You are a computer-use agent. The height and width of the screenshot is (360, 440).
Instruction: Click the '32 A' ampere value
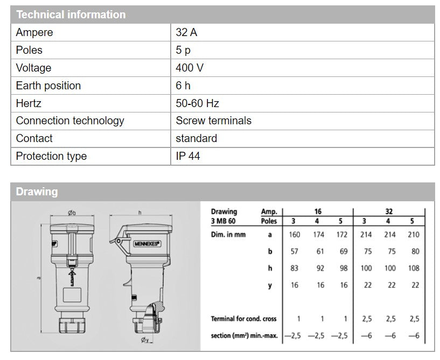click(186, 32)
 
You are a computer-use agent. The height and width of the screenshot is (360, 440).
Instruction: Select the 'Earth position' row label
click(48, 86)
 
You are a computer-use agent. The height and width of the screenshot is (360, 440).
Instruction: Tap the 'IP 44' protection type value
click(188, 156)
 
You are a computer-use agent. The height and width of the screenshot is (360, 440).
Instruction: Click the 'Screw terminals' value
click(214, 121)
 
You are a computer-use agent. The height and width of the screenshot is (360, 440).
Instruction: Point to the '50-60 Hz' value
click(197, 103)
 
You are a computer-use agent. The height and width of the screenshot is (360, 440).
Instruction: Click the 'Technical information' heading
click(71, 15)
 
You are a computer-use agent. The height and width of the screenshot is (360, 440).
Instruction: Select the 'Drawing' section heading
click(37, 192)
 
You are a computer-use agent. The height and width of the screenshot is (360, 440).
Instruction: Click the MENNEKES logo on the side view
click(146, 244)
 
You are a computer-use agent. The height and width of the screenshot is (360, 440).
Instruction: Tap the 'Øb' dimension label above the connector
click(72, 213)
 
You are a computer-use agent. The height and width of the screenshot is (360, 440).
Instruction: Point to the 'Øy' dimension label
click(145, 340)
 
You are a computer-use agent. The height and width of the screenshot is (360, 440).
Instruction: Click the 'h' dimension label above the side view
click(139, 213)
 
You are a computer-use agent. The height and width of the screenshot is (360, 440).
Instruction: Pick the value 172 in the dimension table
click(342, 235)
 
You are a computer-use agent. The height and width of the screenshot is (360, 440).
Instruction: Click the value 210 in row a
click(414, 235)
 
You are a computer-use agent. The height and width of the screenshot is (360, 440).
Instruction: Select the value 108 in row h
click(414, 269)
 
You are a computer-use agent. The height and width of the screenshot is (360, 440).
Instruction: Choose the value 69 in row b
click(344, 251)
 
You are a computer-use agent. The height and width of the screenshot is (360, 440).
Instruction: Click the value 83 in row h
click(294, 269)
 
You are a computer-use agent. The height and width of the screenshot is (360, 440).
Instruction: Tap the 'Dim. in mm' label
click(228, 235)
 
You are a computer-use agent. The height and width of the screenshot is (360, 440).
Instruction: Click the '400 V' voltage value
click(190, 68)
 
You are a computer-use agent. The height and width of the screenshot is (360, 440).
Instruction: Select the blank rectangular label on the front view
click(72, 295)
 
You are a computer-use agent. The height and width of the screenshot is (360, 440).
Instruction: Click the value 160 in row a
click(295, 235)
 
